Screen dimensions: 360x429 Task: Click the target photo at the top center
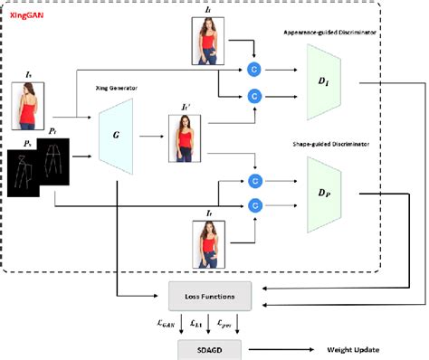(x=205, y=41)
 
